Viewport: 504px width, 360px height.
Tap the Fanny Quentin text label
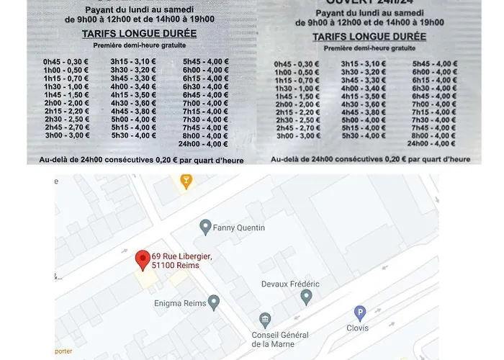tap(240, 228)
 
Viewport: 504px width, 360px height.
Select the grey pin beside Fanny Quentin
tap(205, 227)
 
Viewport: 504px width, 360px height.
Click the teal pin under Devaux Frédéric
tap(306, 296)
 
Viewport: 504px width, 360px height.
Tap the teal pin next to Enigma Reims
tap(213, 302)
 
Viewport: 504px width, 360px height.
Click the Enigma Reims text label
tap(180, 303)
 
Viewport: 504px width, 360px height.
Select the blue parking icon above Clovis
tap(360, 312)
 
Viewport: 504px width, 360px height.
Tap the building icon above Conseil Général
tap(265, 319)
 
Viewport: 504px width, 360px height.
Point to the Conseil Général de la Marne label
tap(279, 339)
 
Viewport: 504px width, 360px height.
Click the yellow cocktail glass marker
tap(186, 181)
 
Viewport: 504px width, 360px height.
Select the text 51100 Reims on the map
tap(176, 266)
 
